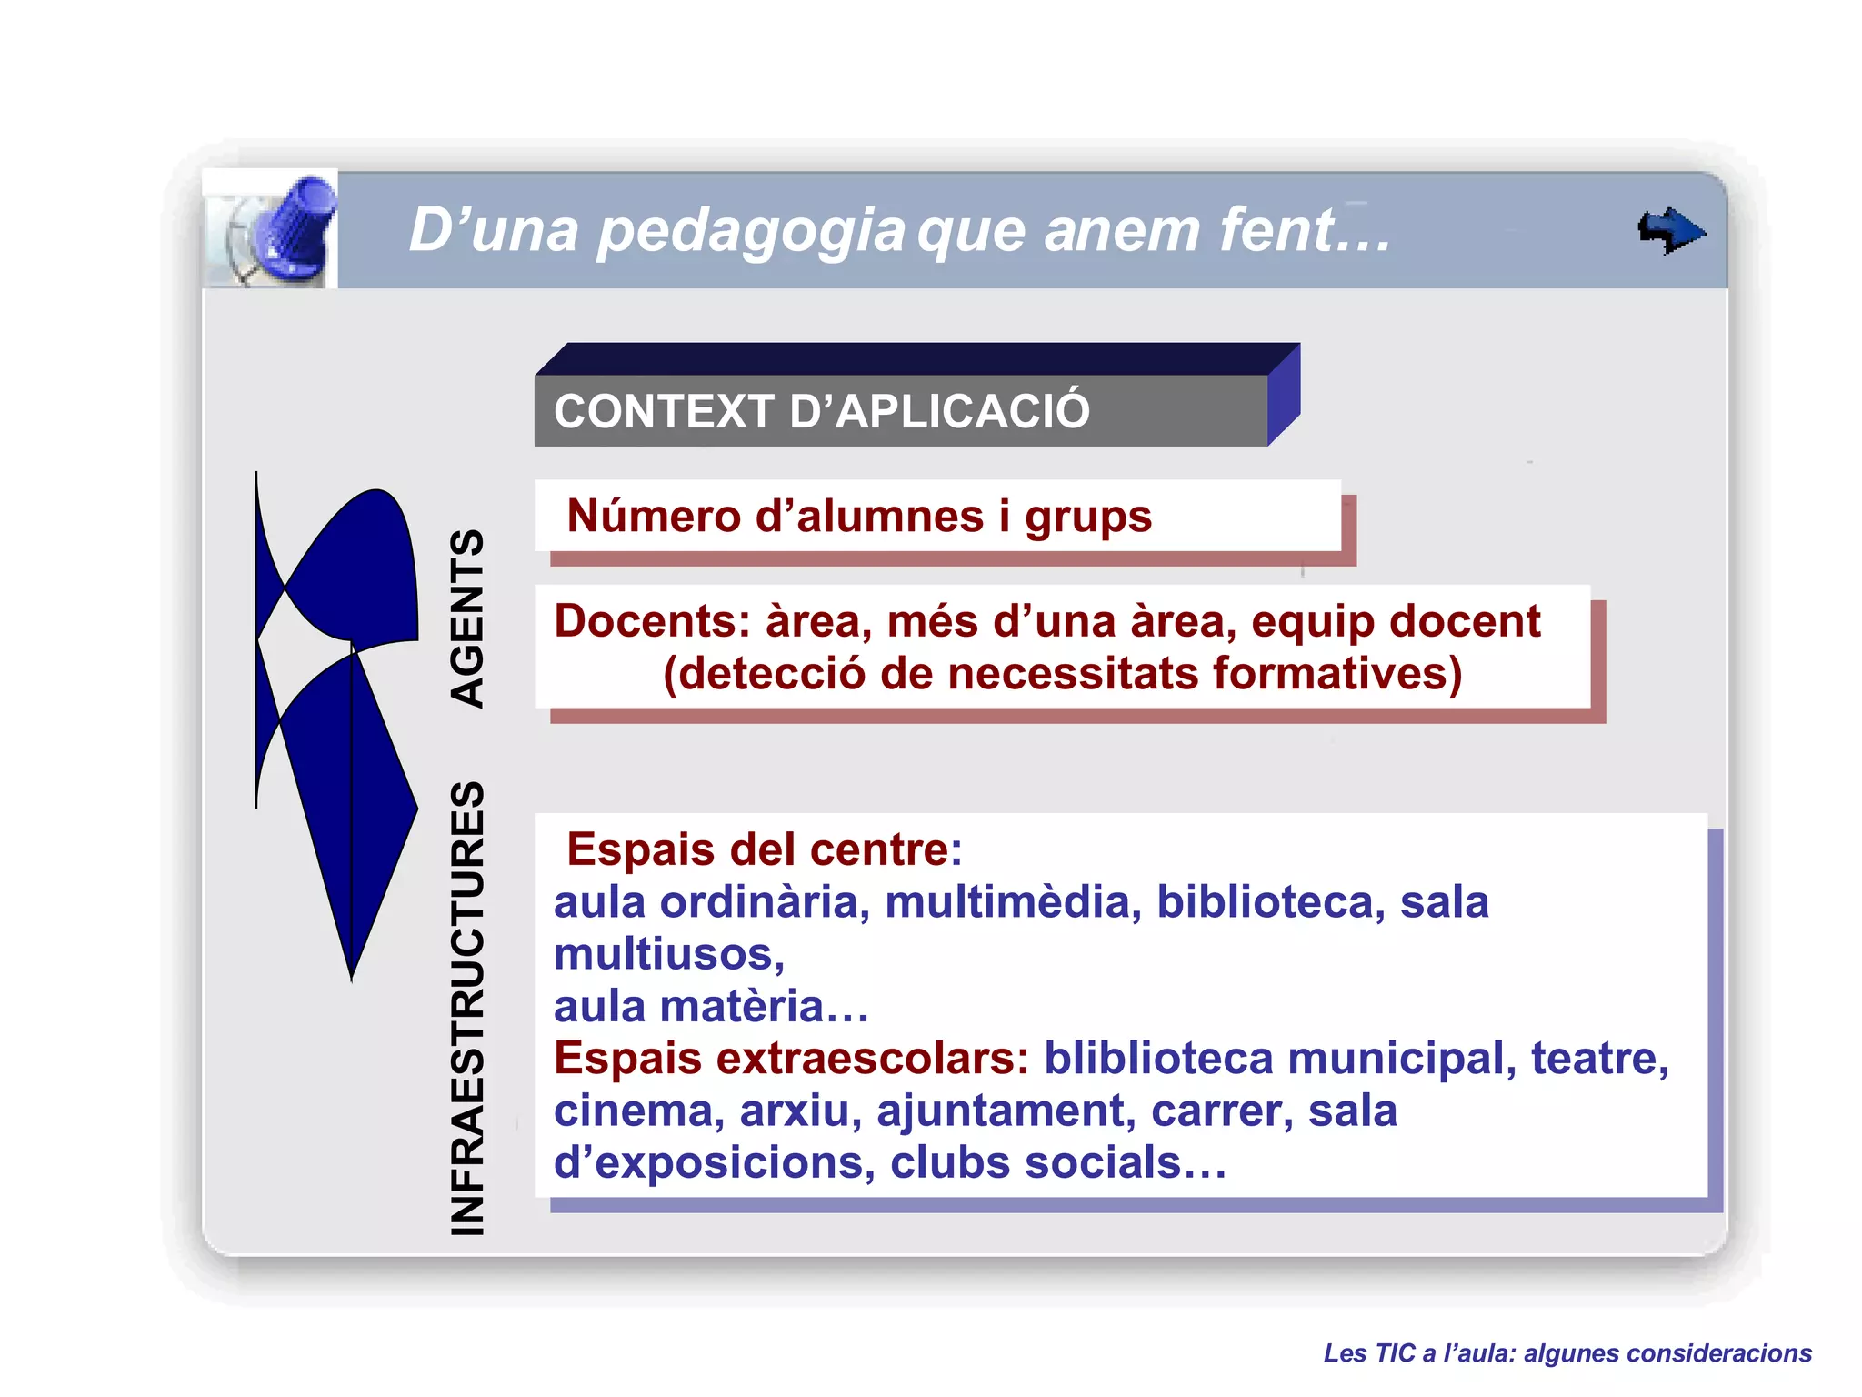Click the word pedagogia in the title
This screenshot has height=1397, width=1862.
click(751, 231)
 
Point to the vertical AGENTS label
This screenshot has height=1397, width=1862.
click(467, 618)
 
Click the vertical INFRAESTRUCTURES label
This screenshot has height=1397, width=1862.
click(467, 1008)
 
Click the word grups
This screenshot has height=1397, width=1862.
click(1088, 518)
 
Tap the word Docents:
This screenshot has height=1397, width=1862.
click(652, 621)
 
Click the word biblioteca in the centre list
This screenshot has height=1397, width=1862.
click(1270, 902)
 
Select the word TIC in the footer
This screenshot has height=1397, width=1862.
click(1396, 1353)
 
